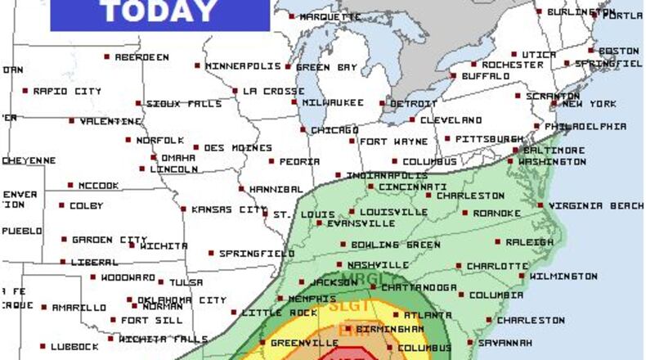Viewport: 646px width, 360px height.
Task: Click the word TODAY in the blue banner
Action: pyautogui.click(x=159, y=11)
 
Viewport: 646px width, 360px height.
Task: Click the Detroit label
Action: pyautogui.click(x=414, y=104)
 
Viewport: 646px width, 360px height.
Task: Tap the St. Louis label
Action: pyautogui.click(x=293, y=215)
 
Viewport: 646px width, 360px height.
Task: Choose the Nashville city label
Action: pyautogui.click(x=378, y=265)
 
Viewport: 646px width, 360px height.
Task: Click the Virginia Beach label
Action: pyautogui.click(x=596, y=205)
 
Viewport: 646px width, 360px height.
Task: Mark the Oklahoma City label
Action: pyautogui.click(x=182, y=300)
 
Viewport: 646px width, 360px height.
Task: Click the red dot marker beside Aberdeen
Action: pyautogui.click(x=107, y=56)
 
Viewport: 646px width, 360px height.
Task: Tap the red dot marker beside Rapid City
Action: pyautogui.click(x=25, y=91)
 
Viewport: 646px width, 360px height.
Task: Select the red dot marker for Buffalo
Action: pyautogui.click(x=454, y=76)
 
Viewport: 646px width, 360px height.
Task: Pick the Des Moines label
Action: pyautogui.click(x=237, y=148)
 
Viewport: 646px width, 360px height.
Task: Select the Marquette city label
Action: pyautogui.click(x=330, y=16)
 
